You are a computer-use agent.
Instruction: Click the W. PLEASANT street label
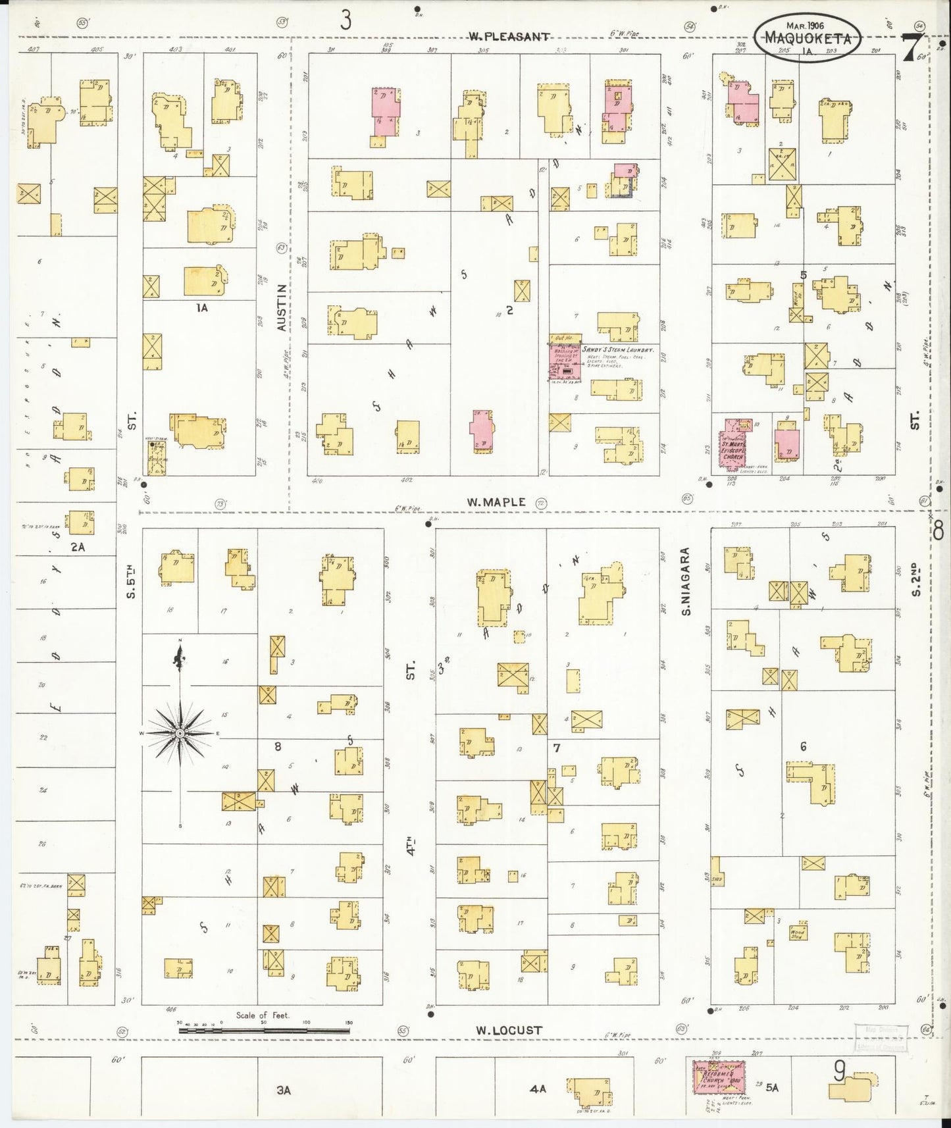point(508,37)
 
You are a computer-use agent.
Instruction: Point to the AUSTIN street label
point(282,307)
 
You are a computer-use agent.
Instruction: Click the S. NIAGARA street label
point(686,581)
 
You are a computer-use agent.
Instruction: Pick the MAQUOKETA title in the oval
point(808,39)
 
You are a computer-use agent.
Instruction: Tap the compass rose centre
point(180,732)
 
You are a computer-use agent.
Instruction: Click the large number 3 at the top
point(346,21)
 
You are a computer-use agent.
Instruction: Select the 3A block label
point(283,1090)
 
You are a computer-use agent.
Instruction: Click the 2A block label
point(78,546)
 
